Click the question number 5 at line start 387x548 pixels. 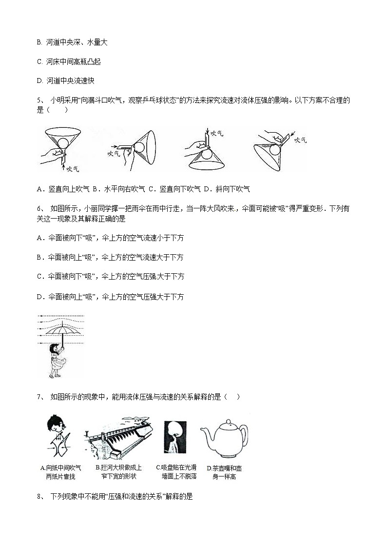tap(39, 101)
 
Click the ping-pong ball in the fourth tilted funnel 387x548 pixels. tap(275, 149)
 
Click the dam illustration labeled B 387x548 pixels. tap(119, 438)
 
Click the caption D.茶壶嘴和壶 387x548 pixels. tap(224, 467)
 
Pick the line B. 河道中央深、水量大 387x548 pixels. tap(72, 42)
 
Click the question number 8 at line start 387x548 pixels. tap(39, 497)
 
